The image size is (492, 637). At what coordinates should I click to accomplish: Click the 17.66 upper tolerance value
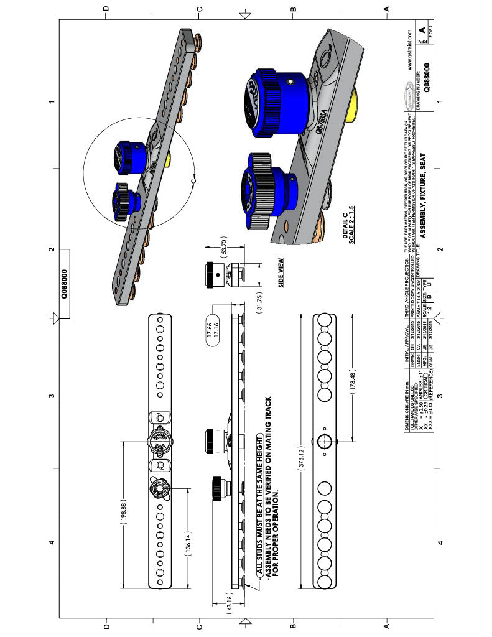pyautogui.click(x=211, y=325)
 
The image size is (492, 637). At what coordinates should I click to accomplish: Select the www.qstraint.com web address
pyautogui.click(x=409, y=52)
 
